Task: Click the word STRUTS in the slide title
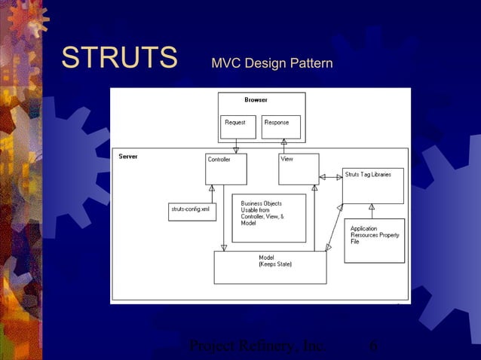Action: click(x=118, y=59)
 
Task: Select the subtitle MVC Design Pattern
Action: click(x=271, y=63)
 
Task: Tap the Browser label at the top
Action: click(x=256, y=99)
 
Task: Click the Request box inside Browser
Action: click(x=238, y=127)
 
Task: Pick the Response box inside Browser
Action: click(x=280, y=127)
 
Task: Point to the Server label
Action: click(x=127, y=156)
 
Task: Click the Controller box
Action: click(x=226, y=169)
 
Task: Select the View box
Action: click(x=299, y=169)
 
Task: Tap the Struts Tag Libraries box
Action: click(x=372, y=185)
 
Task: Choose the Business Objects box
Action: click(x=268, y=218)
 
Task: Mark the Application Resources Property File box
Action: click(x=374, y=240)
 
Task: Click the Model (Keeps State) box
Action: click(x=270, y=267)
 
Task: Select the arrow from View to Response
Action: click(x=284, y=146)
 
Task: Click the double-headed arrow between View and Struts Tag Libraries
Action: click(x=330, y=177)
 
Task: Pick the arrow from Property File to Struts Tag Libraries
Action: click(x=371, y=211)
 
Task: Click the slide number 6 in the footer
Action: click(x=373, y=347)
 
